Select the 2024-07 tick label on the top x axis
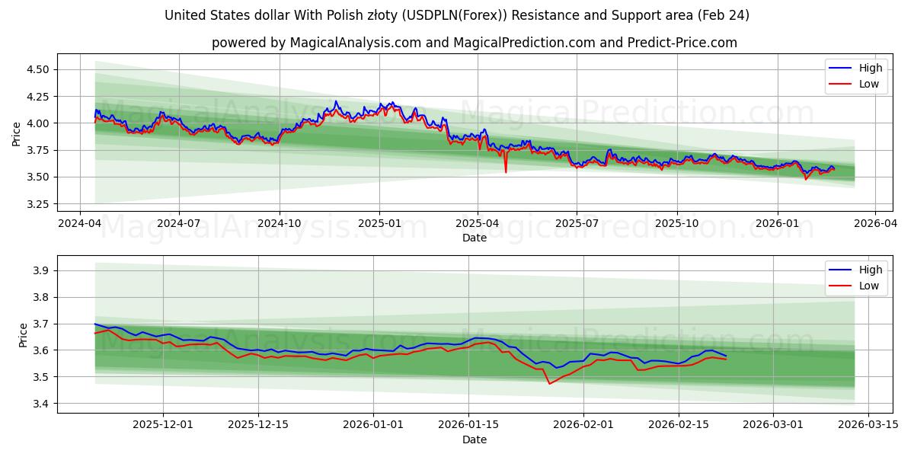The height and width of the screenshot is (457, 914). click(x=179, y=224)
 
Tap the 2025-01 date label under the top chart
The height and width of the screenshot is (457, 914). click(x=379, y=224)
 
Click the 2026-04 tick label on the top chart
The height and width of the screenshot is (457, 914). click(x=874, y=224)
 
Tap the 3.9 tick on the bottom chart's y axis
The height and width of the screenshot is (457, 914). click(x=42, y=270)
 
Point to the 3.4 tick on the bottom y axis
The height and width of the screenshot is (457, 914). click(x=42, y=404)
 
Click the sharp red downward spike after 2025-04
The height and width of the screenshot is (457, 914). click(x=506, y=171)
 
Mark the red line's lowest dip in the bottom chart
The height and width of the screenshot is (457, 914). click(x=549, y=383)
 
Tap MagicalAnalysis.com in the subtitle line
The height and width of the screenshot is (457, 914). click(x=356, y=43)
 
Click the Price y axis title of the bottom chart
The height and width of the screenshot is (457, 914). click(x=24, y=335)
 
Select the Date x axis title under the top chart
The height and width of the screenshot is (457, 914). click(x=474, y=238)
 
